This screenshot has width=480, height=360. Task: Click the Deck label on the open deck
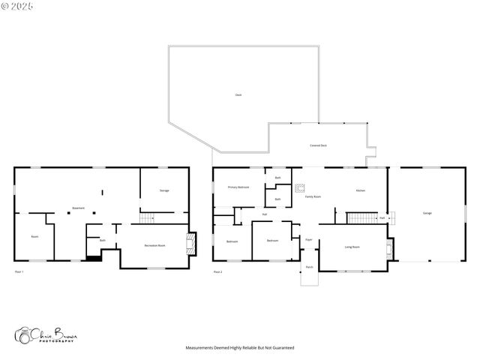click(238, 94)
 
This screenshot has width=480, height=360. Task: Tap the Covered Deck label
click(318, 145)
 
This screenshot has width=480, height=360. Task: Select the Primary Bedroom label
click(238, 187)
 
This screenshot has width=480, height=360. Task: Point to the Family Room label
click(313, 197)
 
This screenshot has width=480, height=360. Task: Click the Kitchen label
click(361, 190)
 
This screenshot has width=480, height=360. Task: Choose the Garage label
click(427, 214)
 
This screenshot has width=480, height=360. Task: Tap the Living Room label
click(352, 247)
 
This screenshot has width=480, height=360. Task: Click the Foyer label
click(308, 239)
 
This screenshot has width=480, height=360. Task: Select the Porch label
click(309, 267)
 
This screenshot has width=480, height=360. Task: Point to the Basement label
click(78, 207)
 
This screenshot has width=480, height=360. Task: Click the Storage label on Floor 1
click(163, 190)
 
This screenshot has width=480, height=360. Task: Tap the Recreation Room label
click(155, 245)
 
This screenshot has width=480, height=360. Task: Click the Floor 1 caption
click(19, 271)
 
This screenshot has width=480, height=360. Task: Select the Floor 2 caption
click(217, 271)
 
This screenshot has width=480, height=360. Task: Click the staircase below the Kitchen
click(360, 218)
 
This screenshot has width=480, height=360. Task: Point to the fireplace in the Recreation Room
click(193, 244)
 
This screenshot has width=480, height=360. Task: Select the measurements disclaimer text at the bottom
click(240, 348)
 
